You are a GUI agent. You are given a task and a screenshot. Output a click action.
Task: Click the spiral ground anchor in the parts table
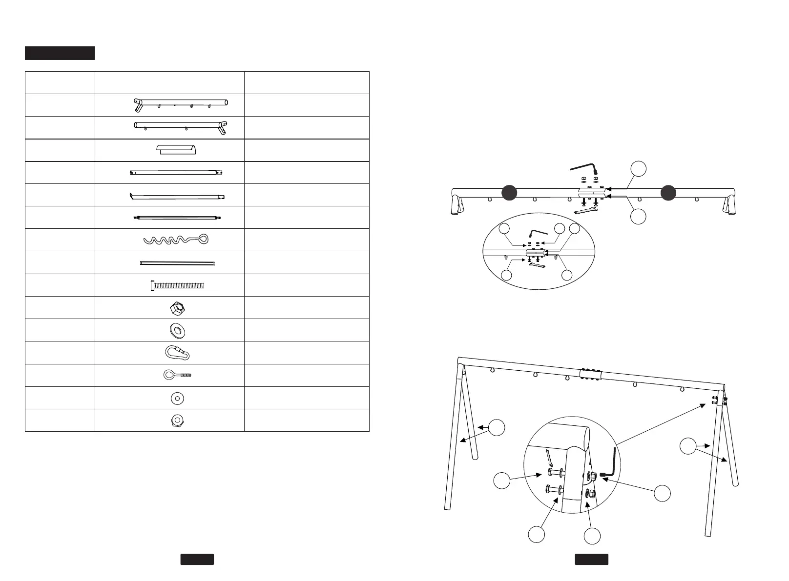click(x=176, y=240)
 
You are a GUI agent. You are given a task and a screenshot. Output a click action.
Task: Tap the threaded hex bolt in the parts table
click(x=177, y=285)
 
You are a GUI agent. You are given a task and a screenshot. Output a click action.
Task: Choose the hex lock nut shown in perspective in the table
click(x=177, y=308)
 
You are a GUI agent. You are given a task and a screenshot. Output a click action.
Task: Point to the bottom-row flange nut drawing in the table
click(x=177, y=421)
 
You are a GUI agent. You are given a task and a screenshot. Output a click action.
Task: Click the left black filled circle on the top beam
click(x=509, y=193)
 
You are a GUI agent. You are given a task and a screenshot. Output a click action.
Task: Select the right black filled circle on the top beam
click(x=668, y=193)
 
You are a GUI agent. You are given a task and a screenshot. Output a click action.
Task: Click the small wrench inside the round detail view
click(x=549, y=458)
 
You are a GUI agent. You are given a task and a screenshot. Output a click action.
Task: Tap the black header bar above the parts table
click(x=60, y=53)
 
